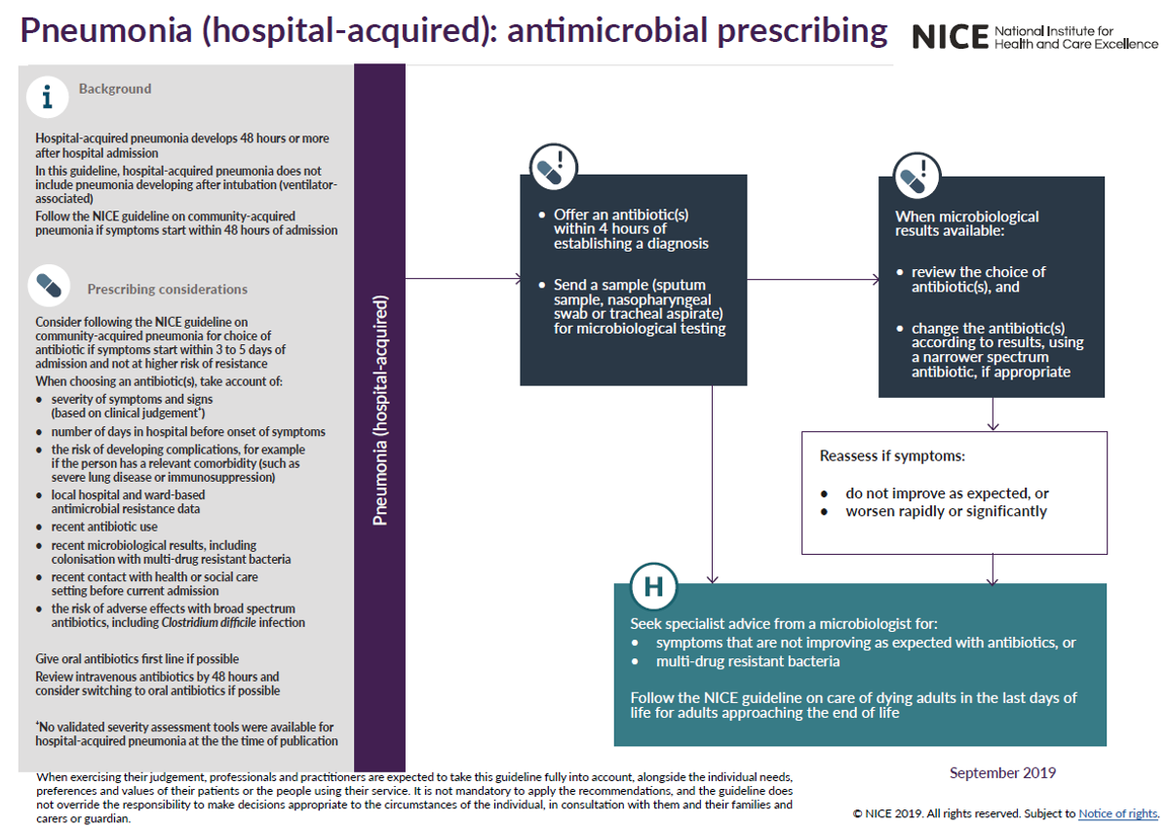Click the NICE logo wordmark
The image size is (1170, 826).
pos(950,37)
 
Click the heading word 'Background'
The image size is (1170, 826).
pos(115,89)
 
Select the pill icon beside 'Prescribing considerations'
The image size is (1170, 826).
pos(49,285)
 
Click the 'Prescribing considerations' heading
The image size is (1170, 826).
pos(167,289)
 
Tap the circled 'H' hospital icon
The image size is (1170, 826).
pos(652,586)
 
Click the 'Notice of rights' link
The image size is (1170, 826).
pos(1118,813)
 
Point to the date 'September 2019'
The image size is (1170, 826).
pos(1002,773)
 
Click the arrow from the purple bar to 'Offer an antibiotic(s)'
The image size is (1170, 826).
pos(463,279)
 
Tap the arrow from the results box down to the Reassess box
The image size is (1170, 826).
pos(993,414)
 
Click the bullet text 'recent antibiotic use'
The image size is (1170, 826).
pos(106,527)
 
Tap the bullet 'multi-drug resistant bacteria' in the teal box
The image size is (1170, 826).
pos(748,662)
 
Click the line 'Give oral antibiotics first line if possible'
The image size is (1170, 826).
pos(137,659)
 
